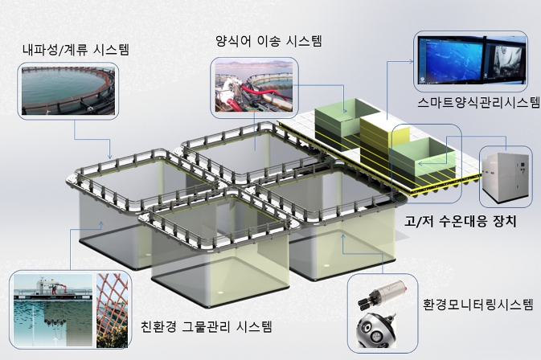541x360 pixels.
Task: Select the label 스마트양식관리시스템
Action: [478, 104]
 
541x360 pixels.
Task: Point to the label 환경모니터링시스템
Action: [477, 305]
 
